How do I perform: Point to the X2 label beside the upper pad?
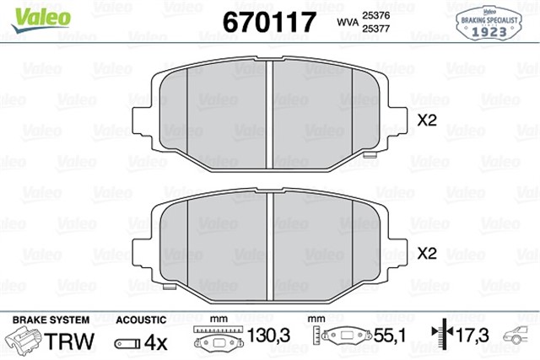pos(426,121)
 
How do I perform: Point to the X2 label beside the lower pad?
pos(426,252)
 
